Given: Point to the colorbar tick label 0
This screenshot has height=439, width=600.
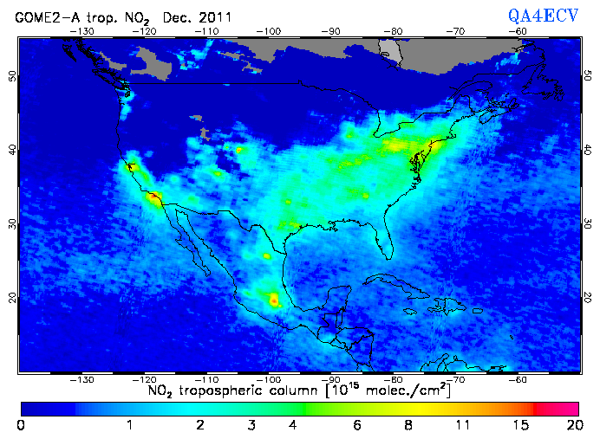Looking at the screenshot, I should click(21, 425).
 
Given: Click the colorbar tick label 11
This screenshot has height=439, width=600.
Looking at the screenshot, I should click(464, 425).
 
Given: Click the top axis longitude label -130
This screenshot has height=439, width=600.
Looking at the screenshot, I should click(82, 31).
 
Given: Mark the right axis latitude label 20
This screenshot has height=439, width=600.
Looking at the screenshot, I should click(589, 298).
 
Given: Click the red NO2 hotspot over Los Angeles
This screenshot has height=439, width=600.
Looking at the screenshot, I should click(154, 198).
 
